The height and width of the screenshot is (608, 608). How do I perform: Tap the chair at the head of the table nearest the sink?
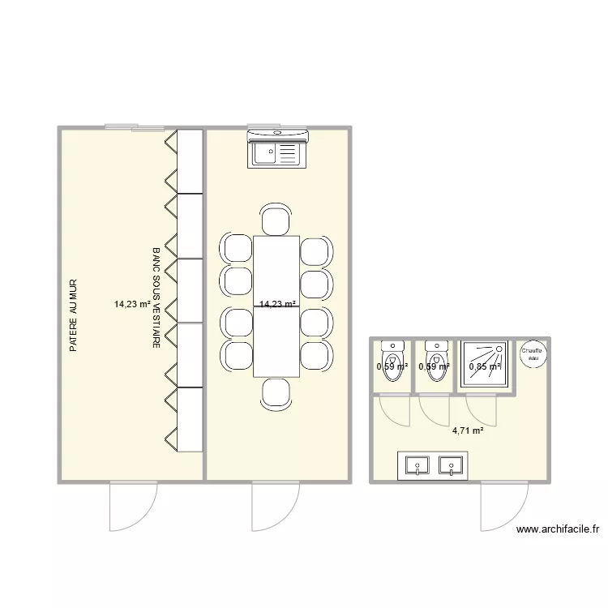tap(276, 221)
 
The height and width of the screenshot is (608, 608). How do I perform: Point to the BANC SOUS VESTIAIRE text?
tap(156, 298)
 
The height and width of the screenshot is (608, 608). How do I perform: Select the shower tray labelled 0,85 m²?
tap(485, 366)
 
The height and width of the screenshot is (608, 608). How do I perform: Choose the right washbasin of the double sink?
tap(450, 465)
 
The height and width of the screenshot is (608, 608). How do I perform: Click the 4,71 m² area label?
tap(468, 430)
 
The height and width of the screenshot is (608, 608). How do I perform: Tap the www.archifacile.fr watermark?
tap(558, 529)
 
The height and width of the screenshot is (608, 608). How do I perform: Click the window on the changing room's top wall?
tap(134, 127)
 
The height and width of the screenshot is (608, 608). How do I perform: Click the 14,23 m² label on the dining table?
tap(276, 304)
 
